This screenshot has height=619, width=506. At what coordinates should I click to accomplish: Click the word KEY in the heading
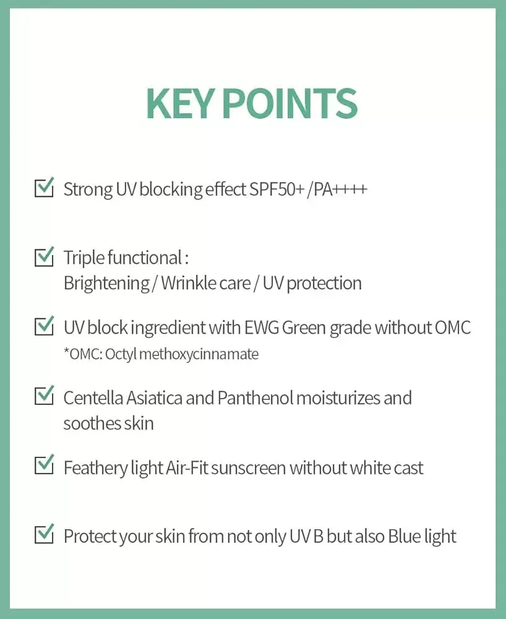pos(179,103)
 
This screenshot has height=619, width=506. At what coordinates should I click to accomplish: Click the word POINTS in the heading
pos(289,103)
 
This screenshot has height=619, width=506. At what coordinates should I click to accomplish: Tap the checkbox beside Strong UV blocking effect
pos(44,188)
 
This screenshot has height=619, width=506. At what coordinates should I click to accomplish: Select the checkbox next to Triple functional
pos(44,256)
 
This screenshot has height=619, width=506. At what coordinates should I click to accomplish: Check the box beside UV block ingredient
pos(44,326)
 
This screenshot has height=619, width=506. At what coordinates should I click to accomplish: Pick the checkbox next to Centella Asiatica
pos(44,396)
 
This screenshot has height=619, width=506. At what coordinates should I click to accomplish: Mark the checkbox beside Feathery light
pos(44,465)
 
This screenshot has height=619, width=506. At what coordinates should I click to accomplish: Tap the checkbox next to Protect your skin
pos(44,534)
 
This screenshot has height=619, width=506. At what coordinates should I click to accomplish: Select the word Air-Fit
pos(187,467)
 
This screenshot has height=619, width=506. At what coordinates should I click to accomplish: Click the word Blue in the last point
pos(403,536)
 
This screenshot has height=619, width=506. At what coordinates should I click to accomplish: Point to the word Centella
pos(93,397)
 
